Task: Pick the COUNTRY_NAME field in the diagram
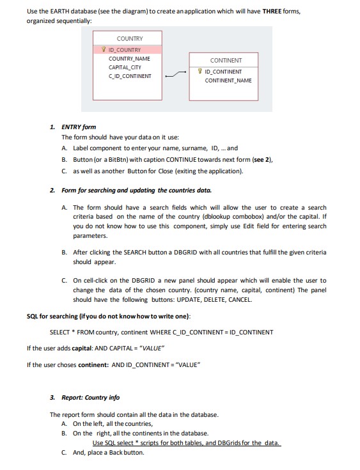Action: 130,58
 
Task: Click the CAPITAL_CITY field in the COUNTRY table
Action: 125,67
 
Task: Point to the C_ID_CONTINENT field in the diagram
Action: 130,75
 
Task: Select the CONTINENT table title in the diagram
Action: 221,61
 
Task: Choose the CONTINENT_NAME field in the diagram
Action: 228,80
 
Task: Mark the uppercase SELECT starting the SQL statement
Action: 61,332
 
